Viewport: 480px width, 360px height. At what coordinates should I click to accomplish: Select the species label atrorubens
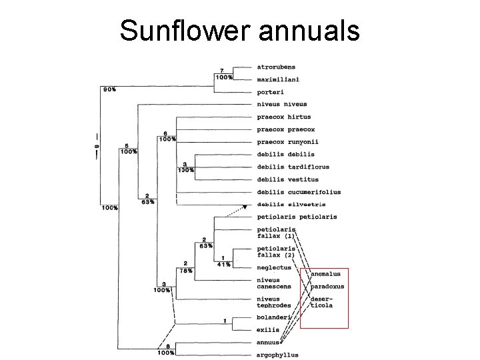click(x=276, y=67)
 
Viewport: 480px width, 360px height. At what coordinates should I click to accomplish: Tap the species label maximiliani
click(x=278, y=79)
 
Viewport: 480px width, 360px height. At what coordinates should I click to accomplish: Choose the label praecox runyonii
click(x=287, y=142)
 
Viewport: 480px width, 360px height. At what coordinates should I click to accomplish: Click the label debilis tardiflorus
click(x=293, y=167)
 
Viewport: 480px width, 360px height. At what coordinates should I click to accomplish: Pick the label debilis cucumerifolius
click(x=299, y=192)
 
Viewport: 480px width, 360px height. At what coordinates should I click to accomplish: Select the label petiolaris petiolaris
click(x=297, y=217)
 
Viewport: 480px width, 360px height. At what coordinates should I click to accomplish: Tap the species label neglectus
click(x=274, y=267)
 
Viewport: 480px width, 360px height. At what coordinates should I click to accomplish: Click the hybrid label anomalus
click(x=325, y=274)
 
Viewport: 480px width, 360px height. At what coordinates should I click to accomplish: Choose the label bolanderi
click(x=273, y=317)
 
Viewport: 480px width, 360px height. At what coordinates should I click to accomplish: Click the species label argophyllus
click(x=277, y=355)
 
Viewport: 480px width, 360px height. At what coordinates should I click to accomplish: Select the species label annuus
click(x=268, y=342)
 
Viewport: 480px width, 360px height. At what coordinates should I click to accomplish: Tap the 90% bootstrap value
click(x=109, y=89)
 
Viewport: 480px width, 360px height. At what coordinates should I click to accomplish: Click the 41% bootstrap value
click(x=223, y=265)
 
